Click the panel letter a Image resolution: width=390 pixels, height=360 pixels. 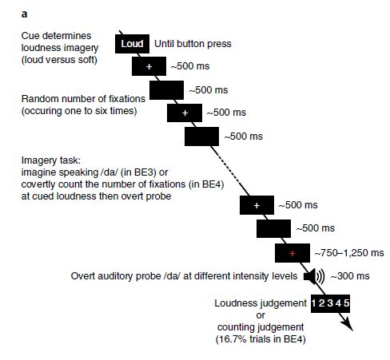point(24,14)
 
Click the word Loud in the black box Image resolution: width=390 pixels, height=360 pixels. point(132,44)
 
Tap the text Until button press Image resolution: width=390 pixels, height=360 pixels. point(193,44)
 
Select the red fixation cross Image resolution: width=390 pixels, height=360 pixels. point(292,253)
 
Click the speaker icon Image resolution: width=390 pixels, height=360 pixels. point(314,276)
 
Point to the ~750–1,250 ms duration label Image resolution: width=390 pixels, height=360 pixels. point(349,253)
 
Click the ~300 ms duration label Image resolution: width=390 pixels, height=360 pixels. point(350,276)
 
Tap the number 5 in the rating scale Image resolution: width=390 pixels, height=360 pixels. point(346,303)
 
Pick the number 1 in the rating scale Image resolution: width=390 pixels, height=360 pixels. point(313,303)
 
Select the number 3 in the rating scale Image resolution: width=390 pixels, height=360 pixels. point(330,303)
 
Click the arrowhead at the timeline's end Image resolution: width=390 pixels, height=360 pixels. point(348,324)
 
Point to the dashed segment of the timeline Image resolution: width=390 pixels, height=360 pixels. point(226,165)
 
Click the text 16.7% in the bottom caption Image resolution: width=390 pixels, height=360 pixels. point(232,339)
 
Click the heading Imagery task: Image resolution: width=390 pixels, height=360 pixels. point(51,160)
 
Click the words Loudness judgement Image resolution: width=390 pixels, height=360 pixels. point(261,303)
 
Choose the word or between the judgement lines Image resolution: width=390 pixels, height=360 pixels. point(261,315)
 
